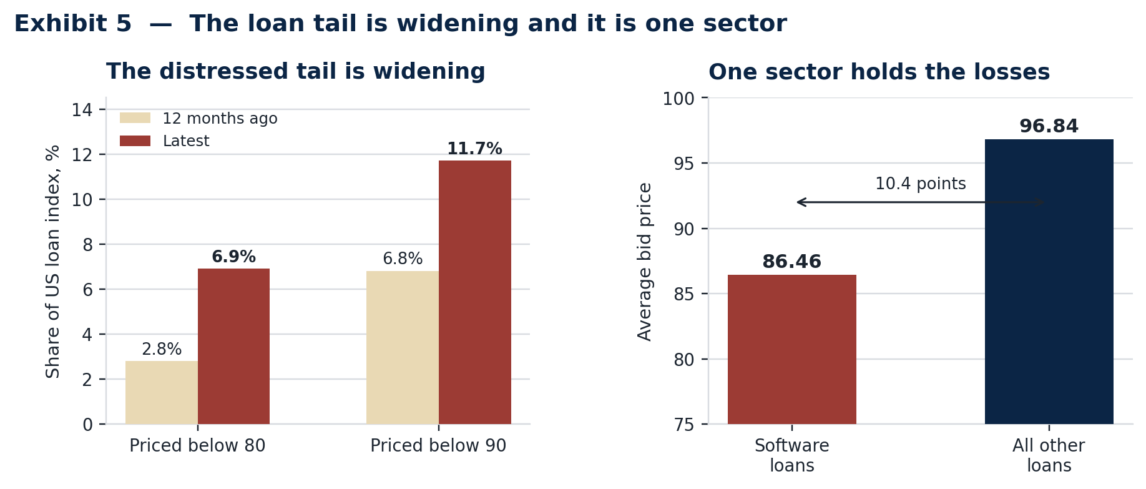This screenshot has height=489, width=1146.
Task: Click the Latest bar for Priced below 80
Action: (233, 346)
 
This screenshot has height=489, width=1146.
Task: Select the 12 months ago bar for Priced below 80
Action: (162, 392)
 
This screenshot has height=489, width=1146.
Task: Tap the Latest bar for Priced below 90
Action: (475, 292)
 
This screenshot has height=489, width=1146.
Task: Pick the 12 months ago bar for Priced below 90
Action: (403, 347)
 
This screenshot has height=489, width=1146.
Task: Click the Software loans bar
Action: (792, 349)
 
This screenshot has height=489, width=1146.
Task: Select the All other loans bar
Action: (1049, 282)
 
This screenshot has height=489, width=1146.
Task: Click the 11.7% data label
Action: (474, 149)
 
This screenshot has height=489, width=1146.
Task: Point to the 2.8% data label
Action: (162, 349)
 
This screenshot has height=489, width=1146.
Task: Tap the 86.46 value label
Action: (792, 262)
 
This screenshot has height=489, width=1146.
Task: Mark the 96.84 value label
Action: (1049, 126)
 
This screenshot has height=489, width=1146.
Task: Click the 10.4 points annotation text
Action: (921, 184)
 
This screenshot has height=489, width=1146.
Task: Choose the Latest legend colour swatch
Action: (135, 141)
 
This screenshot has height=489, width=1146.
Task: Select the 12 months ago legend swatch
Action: (135, 118)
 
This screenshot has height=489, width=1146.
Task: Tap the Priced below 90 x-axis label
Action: (438, 446)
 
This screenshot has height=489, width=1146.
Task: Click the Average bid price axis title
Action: (645, 262)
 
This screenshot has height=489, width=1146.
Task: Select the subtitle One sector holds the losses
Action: (879, 72)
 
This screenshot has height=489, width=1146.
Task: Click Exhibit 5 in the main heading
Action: (73, 24)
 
